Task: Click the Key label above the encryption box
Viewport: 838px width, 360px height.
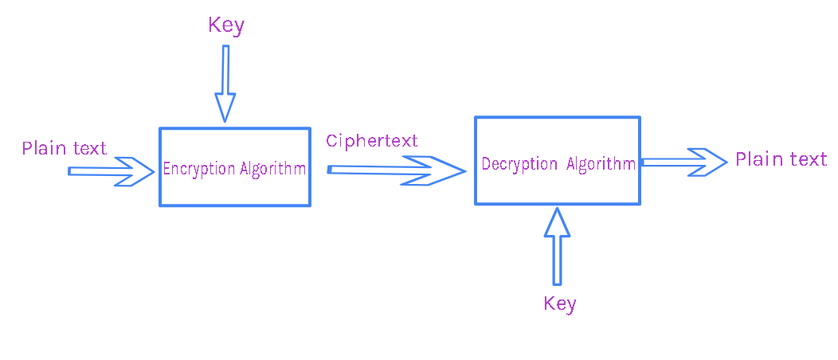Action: tap(226, 26)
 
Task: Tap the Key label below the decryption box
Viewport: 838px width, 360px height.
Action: tap(559, 304)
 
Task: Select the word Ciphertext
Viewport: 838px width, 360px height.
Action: tap(371, 141)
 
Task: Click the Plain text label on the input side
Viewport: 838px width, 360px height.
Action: tap(65, 147)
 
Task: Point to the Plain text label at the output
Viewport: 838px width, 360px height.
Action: tap(781, 159)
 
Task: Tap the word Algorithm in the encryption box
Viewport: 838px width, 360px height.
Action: tap(272, 169)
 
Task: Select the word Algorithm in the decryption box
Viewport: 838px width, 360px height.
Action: tap(601, 163)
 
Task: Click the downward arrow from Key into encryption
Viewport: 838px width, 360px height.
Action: tap(225, 84)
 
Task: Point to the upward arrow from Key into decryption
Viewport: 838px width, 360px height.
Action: tap(557, 246)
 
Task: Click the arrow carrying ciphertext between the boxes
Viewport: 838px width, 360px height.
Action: tap(396, 170)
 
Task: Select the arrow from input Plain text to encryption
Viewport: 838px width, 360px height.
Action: tap(112, 171)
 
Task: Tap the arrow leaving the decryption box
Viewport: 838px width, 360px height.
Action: tap(683, 162)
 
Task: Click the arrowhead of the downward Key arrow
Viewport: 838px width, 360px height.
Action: tap(225, 108)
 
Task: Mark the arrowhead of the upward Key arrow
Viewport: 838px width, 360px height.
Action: tap(557, 221)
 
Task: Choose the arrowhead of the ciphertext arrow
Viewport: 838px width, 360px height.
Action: tap(433, 170)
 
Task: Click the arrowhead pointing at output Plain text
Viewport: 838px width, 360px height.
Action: tap(707, 162)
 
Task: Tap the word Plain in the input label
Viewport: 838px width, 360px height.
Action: tap(44, 147)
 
